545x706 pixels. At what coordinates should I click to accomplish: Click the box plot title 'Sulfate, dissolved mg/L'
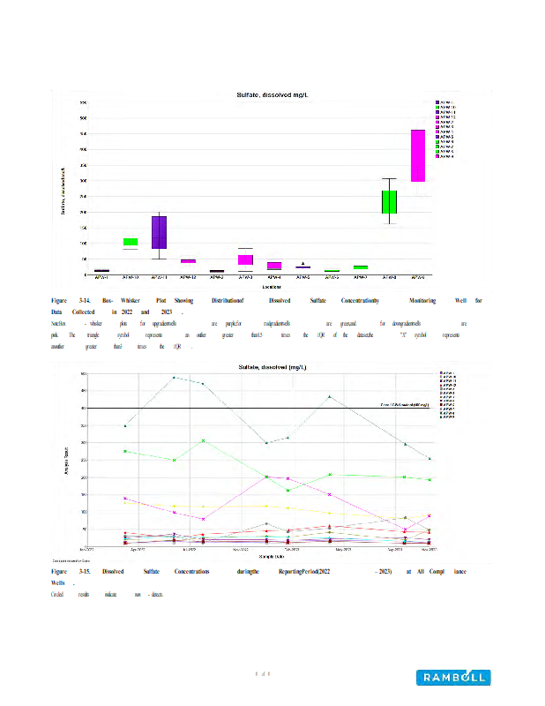tap(272, 94)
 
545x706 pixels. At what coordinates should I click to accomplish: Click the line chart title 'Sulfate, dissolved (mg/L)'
tap(272, 366)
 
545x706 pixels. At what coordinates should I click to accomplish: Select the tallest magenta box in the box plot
tap(418, 155)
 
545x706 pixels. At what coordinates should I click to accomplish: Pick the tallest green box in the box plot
tap(389, 202)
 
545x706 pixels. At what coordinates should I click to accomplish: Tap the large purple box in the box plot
tap(159, 232)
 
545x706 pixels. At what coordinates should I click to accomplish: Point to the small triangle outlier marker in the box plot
tap(303, 263)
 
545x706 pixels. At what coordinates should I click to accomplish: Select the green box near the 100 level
tap(131, 242)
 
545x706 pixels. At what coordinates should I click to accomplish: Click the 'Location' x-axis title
tap(272, 287)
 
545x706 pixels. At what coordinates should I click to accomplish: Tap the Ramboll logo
tap(453, 677)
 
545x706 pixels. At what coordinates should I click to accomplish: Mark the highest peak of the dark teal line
tap(174, 378)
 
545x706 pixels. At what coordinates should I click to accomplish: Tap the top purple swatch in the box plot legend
tap(438, 103)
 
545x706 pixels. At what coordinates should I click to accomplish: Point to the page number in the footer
tap(262, 674)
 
